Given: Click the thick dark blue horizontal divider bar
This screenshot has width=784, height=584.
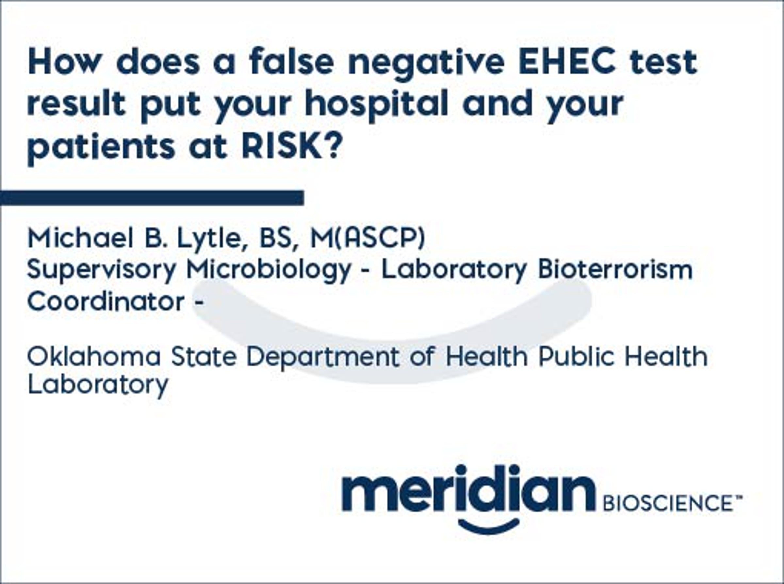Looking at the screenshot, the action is coord(152,198).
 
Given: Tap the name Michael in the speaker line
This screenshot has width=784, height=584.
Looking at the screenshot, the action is coord(81,237).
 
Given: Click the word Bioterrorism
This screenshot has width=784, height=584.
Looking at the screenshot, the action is coord(615,269).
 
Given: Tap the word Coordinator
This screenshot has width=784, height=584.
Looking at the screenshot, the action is coord(106,301).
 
